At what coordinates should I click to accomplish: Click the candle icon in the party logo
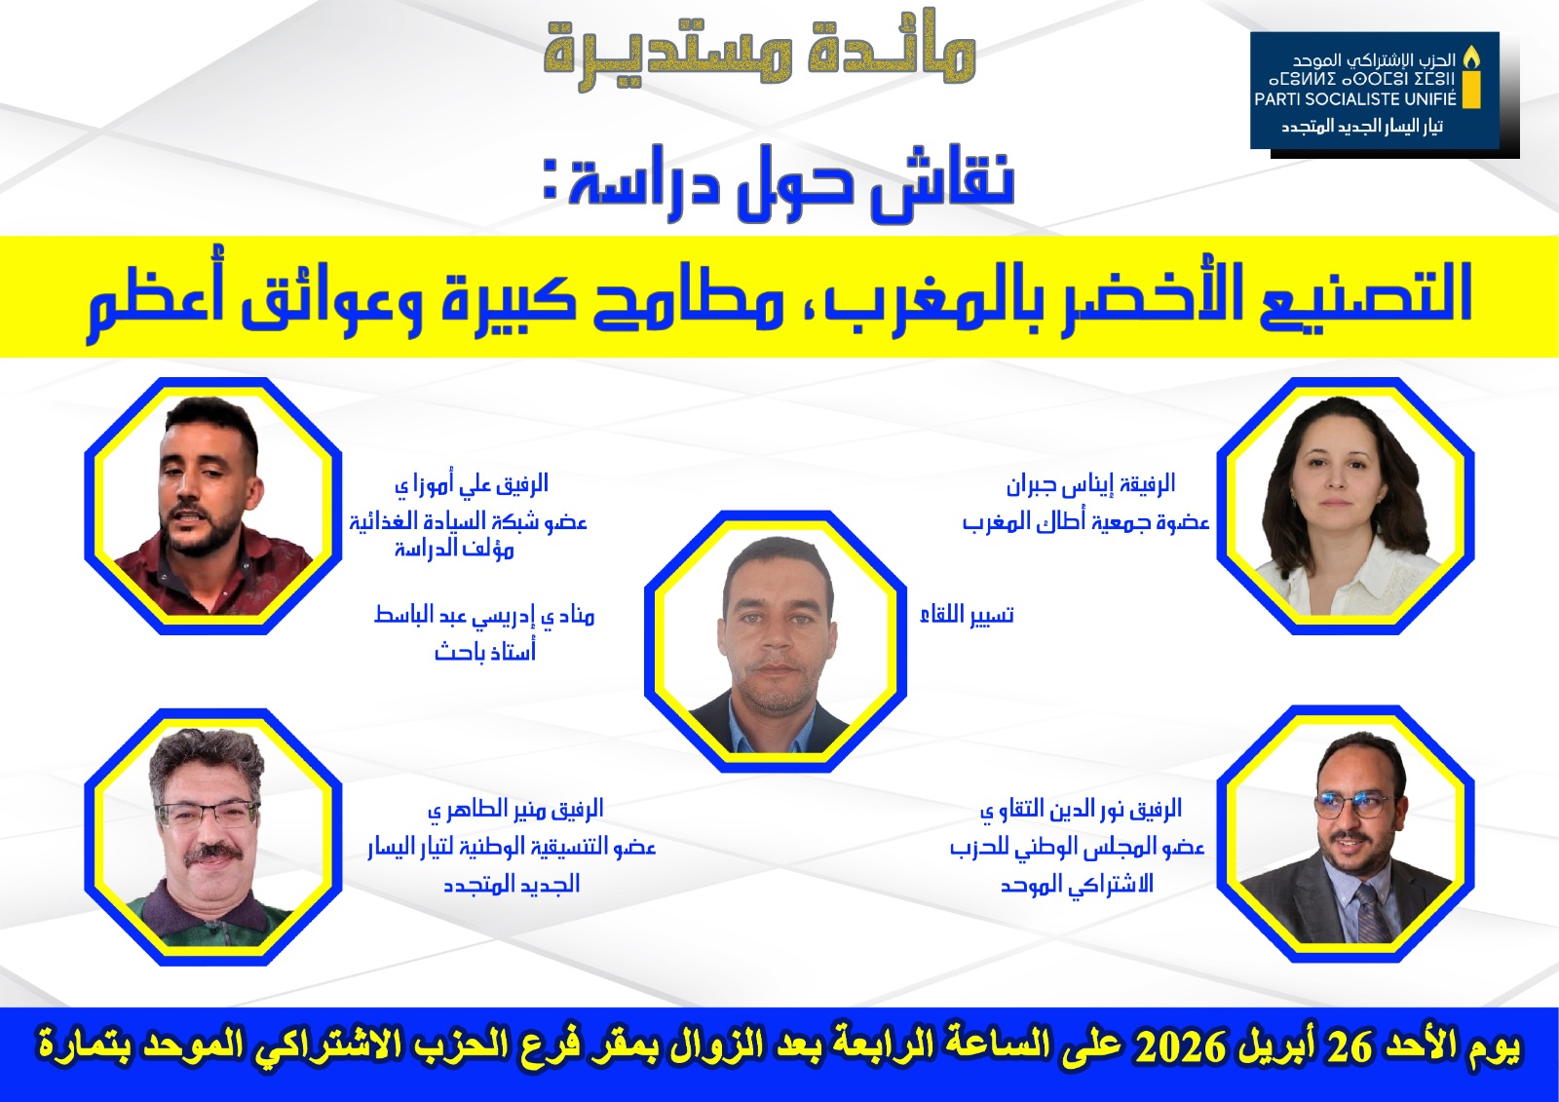[x=1470, y=78]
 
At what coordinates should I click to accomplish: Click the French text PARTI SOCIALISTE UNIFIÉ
[x=1355, y=99]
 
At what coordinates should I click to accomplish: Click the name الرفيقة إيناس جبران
[x=1090, y=484]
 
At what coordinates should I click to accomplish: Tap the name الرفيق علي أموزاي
[x=472, y=484]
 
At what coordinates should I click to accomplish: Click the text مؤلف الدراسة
[x=454, y=550]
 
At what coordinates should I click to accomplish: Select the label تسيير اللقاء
[x=967, y=615]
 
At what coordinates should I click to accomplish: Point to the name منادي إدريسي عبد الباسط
[x=484, y=616]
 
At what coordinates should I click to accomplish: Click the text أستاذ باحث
[x=485, y=651]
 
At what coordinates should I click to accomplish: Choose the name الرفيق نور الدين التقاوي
[x=1081, y=810]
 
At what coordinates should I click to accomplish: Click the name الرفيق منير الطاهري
[x=515, y=810]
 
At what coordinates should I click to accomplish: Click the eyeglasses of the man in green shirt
[x=209, y=813]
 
